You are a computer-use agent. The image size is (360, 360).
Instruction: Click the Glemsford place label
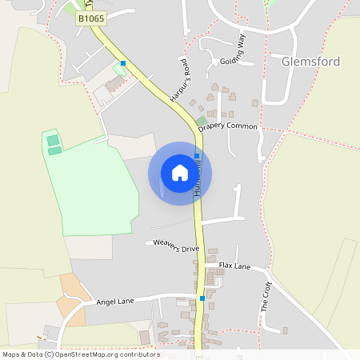tap(310, 61)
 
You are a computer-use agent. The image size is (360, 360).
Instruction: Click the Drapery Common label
tap(228, 126)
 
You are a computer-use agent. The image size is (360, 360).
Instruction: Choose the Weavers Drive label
tap(176, 248)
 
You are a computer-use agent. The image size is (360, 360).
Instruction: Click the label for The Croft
tap(266, 296)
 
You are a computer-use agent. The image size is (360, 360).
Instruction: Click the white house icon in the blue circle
tap(179, 173)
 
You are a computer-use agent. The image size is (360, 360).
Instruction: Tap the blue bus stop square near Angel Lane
tap(202, 298)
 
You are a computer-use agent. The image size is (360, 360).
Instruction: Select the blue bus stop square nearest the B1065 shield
tap(123, 62)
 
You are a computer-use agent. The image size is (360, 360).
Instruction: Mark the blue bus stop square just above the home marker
tap(197, 156)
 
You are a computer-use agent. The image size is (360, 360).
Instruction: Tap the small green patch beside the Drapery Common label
tap(201, 122)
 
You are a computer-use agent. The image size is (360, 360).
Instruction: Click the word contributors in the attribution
tap(140, 354)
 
